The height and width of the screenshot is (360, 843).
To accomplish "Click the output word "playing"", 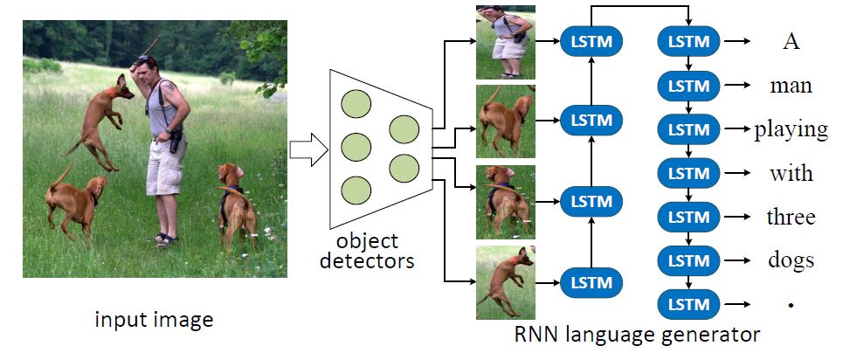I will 791,129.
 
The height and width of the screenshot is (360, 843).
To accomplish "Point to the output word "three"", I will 791,217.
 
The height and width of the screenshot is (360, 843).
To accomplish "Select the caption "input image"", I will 154,321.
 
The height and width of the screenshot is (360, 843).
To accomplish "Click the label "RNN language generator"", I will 637,334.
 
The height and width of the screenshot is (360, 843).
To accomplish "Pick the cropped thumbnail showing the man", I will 505,41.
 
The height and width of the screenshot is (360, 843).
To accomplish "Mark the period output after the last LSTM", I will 791,305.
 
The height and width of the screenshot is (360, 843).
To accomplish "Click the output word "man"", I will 791,86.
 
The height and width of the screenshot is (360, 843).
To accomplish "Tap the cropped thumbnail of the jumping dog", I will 505,281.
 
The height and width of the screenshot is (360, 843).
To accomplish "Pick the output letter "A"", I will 791,41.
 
